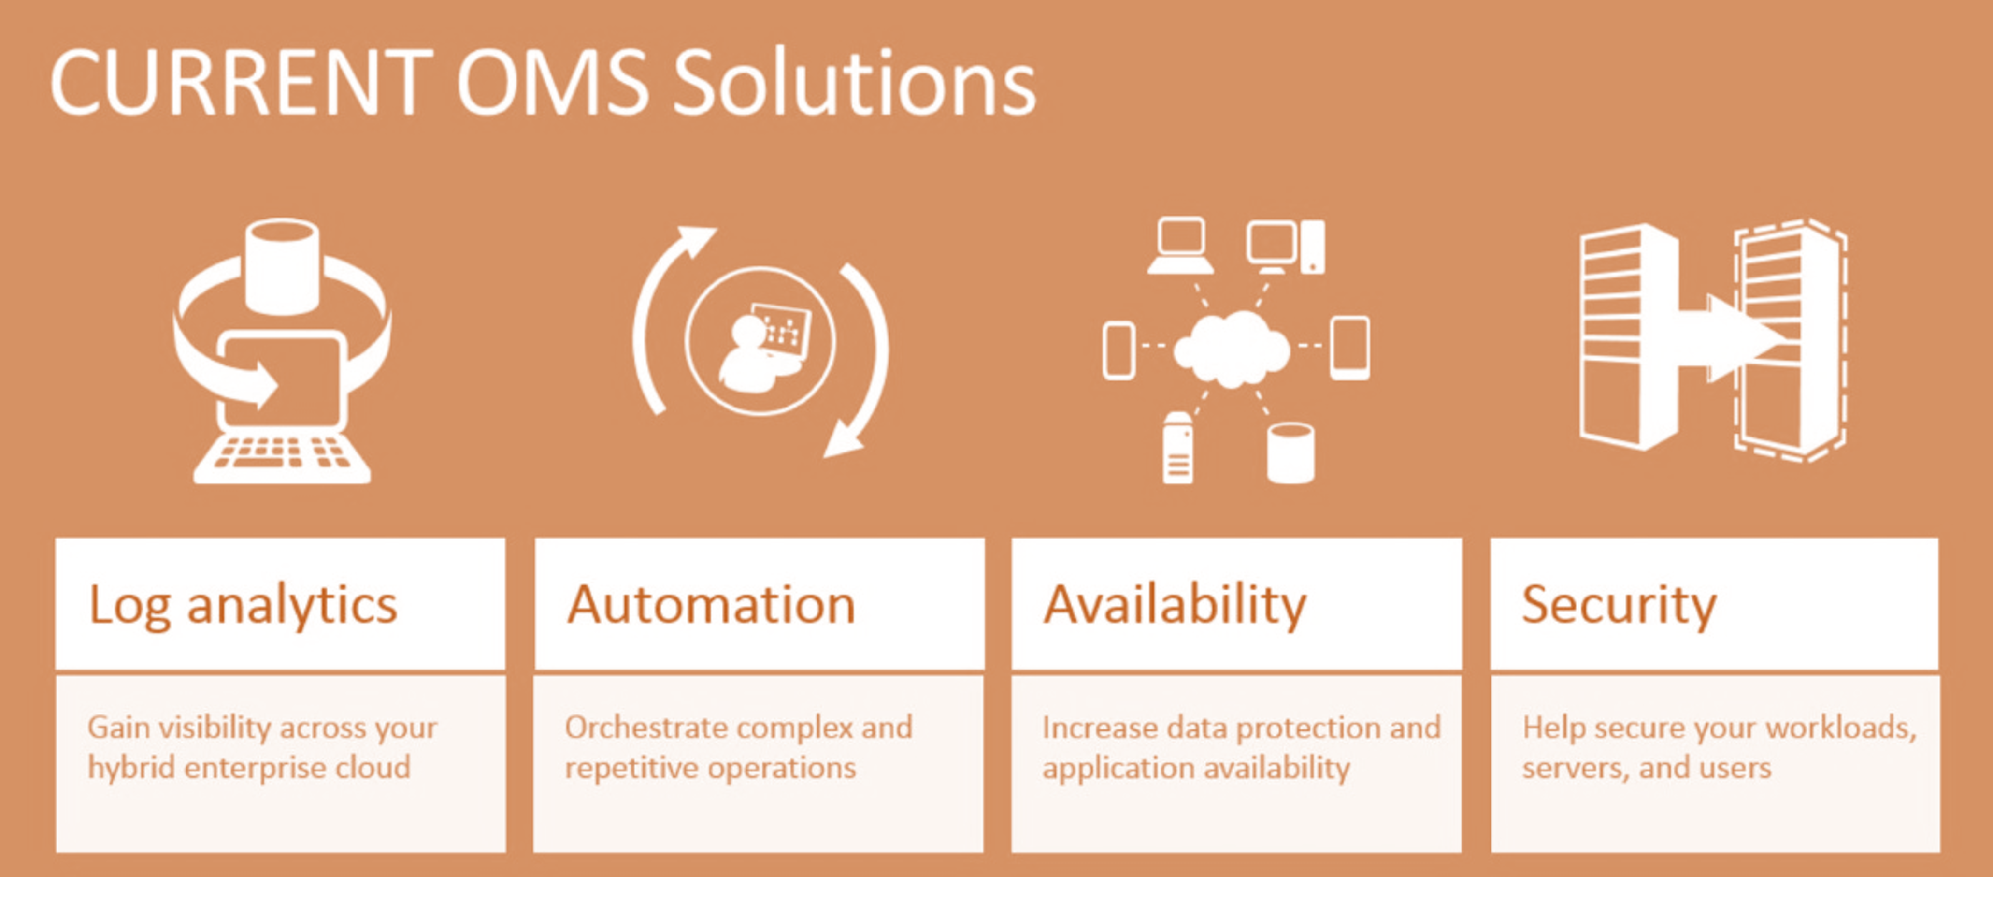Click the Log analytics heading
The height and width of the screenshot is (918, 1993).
tap(243, 605)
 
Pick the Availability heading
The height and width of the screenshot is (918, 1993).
tap(1175, 605)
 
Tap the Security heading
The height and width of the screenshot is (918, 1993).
tap(1619, 605)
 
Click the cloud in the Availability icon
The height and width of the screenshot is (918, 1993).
tap(1232, 349)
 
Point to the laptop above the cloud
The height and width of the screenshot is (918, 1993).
tap(1180, 246)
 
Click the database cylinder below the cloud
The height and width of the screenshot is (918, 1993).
tap(1290, 453)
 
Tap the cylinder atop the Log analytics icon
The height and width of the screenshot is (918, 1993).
tap(282, 265)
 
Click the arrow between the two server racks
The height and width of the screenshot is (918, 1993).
tap(1733, 339)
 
